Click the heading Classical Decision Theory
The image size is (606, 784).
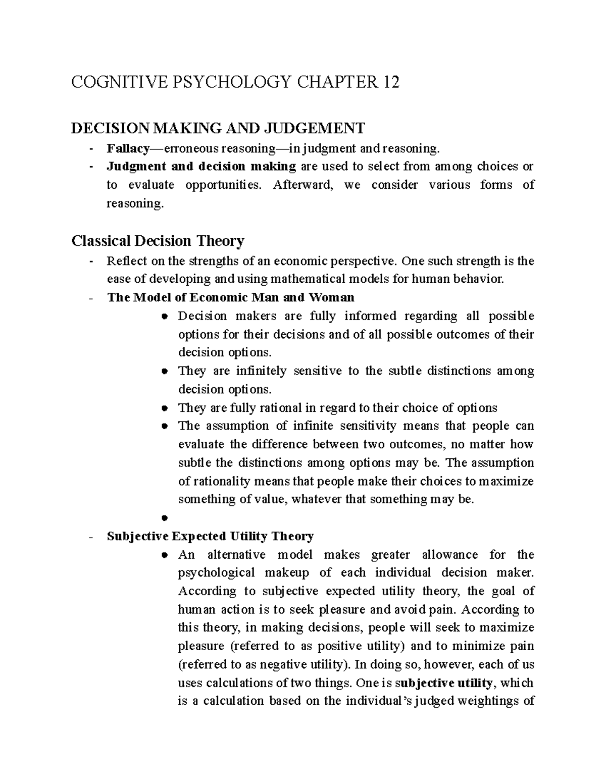click(158, 241)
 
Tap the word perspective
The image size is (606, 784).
click(362, 261)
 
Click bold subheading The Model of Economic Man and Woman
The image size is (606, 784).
click(231, 297)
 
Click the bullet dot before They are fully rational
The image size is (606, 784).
click(164, 408)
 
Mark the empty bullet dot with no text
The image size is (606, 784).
click(164, 518)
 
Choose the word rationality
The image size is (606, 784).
click(221, 481)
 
